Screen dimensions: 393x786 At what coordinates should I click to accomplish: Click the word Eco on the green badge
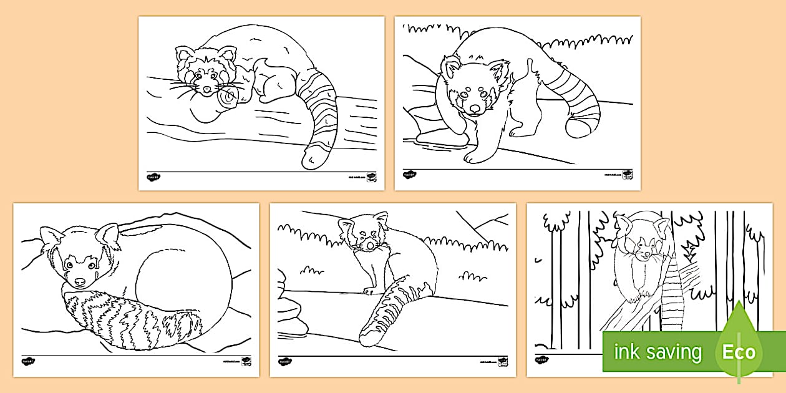(x=739, y=352)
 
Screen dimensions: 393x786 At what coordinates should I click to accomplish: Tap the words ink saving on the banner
(x=657, y=352)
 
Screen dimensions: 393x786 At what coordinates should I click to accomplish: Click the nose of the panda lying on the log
(x=207, y=89)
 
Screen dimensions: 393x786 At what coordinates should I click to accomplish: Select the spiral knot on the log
(x=228, y=96)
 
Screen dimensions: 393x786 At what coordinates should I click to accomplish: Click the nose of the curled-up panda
(x=79, y=282)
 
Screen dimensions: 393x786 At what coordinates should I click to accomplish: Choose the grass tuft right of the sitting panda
(x=469, y=275)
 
